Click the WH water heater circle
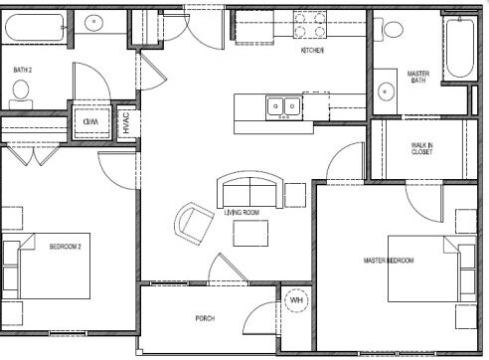[296, 300]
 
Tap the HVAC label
[126, 122]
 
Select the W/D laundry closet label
[91, 121]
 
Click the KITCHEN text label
[312, 51]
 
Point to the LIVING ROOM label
[242, 213]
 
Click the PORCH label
[205, 318]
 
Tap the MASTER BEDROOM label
[389, 261]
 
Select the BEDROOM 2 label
[66, 247]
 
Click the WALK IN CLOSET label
[421, 148]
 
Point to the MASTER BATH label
[418, 77]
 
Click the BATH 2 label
[23, 70]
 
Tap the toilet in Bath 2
[21, 94]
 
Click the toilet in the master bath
[389, 29]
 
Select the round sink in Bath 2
[93, 22]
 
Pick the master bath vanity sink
[386, 91]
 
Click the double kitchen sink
[284, 108]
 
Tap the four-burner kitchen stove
[310, 24]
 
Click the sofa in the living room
[250, 190]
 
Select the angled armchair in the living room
[194, 224]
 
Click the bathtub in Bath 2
[34, 28]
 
